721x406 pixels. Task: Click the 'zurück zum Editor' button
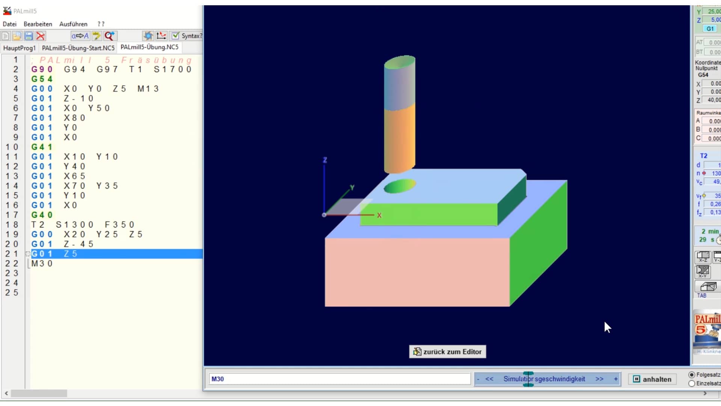447,352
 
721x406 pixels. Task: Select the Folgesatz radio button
692,375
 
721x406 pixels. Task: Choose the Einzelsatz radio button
692,383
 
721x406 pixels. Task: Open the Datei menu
10,24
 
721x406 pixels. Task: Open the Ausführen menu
73,24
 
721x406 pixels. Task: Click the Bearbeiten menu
38,24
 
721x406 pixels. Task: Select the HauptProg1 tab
20,48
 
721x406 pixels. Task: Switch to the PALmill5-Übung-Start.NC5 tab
78,48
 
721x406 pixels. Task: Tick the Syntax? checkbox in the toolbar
175,36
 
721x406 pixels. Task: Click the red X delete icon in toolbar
41,36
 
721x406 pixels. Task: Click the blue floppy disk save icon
29,36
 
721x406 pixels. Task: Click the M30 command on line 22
42,264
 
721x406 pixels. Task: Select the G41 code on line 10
42,147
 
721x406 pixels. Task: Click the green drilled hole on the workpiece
400,186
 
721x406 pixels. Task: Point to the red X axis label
379,215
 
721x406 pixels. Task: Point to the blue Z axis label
325,160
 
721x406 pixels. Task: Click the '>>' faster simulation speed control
599,379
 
